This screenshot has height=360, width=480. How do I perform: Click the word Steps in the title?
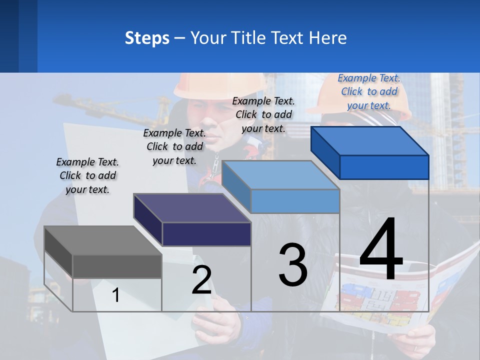(x=147, y=38)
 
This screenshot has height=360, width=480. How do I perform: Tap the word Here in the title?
(x=327, y=38)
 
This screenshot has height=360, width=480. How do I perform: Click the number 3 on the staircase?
(x=293, y=264)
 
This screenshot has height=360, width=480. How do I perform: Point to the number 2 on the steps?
(x=201, y=280)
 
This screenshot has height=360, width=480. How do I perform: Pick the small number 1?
(x=116, y=295)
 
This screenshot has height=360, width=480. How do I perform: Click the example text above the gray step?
(x=87, y=175)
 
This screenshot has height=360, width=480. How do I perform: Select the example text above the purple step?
(x=174, y=146)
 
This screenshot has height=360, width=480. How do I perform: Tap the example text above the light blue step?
(x=263, y=114)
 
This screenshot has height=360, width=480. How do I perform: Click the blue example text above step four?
(x=369, y=91)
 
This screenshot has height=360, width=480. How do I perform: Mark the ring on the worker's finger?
(x=414, y=347)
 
